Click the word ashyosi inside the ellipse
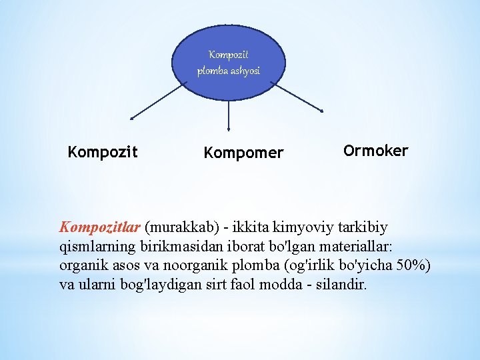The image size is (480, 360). point(245,71)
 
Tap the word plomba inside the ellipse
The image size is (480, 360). point(213,71)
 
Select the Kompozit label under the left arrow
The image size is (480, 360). point(103,152)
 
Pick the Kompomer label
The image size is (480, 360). point(243,153)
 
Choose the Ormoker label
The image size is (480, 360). point(375,151)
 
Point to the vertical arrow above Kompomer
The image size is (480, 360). point(229,115)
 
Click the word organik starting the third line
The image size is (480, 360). point(83,265)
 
